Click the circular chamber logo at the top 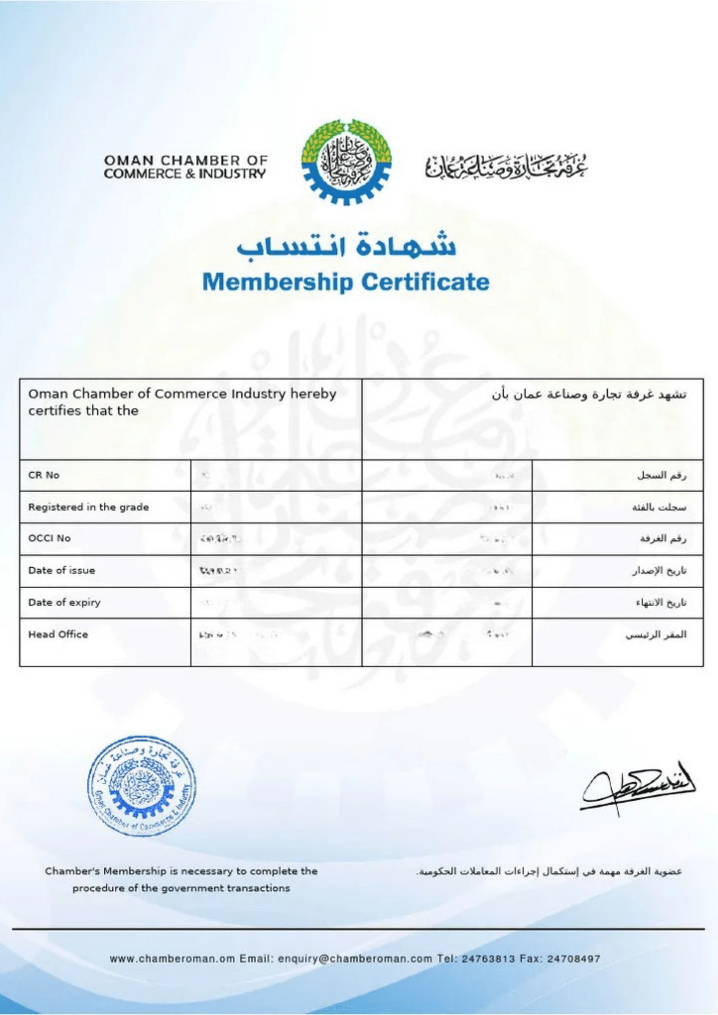click(346, 162)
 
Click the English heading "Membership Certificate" click(346, 282)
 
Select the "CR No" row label click(44, 475)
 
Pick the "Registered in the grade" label click(88, 507)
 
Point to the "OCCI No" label click(50, 538)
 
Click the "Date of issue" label click(61, 570)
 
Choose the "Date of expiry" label click(64, 602)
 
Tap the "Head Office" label click(58, 634)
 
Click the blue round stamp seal click(142, 787)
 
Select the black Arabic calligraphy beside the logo click(506, 167)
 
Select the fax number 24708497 click(574, 959)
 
